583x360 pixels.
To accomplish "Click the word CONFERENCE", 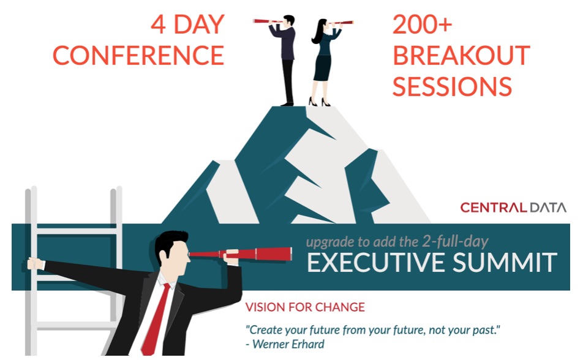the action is [x=138, y=56].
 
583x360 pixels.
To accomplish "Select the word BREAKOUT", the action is [x=461, y=56].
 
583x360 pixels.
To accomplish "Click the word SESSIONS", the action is [x=452, y=86].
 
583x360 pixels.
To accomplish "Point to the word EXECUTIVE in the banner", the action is [x=376, y=262].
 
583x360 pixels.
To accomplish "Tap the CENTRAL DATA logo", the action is [x=513, y=207].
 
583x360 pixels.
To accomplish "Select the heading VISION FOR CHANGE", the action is [x=305, y=307].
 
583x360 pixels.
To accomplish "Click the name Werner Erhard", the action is [x=288, y=344].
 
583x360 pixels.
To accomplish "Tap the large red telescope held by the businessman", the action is [x=241, y=254].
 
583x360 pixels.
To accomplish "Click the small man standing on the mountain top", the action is [x=284, y=60].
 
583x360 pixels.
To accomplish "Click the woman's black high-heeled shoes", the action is [x=320, y=102].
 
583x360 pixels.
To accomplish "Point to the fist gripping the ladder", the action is [x=36, y=264].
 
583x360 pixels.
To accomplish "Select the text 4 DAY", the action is [x=188, y=24].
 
